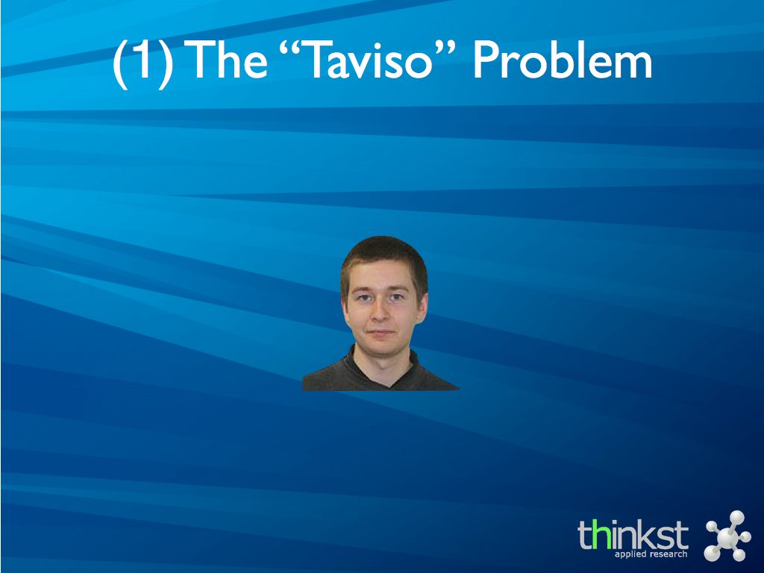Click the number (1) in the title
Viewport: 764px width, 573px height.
coord(143,63)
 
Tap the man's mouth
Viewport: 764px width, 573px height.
coord(381,332)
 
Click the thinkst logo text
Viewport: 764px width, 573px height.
coord(633,534)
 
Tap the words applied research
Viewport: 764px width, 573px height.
coord(651,554)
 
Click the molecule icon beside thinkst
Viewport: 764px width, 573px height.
coord(727,536)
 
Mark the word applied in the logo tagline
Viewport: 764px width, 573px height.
coord(630,554)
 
